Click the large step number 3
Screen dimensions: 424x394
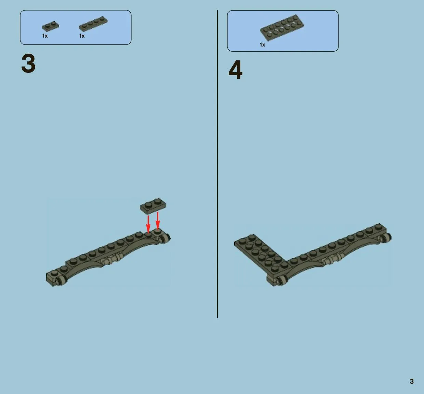pos(28,63)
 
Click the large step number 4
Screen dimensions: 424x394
pos(236,70)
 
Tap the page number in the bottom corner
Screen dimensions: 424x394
pos(412,381)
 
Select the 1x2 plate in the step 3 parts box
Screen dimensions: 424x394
pos(51,26)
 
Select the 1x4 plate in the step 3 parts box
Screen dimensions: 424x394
pos(93,24)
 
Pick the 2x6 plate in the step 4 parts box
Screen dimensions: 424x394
pos(282,28)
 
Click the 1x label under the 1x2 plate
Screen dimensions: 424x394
pos(45,36)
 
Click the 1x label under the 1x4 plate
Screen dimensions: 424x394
pos(82,36)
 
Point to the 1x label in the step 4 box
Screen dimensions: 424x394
pos(262,44)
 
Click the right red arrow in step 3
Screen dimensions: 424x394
pos(158,220)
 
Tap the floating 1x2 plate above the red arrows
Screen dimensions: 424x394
pos(153,206)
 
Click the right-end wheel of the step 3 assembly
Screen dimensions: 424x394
pos(165,238)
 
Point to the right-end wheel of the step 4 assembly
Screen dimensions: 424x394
pos(386,238)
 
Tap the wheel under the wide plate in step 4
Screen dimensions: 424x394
pos(281,280)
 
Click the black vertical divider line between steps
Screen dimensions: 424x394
pos(217,164)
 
